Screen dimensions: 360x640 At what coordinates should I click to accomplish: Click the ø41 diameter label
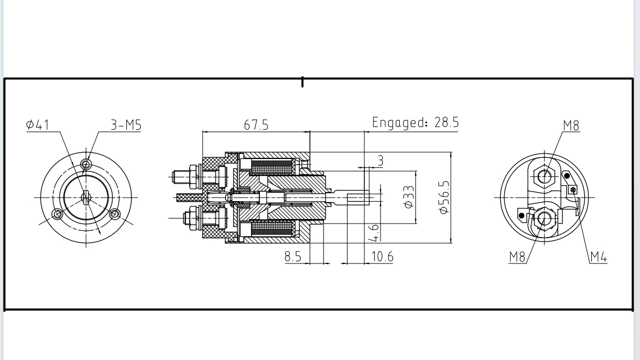coord(38,125)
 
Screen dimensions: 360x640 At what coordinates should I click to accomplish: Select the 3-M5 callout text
coord(126,125)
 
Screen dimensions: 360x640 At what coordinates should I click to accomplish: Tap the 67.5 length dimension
coord(255,125)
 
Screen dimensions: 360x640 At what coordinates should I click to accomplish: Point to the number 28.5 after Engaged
coord(447,122)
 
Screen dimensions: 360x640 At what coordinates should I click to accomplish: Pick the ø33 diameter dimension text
coord(409,197)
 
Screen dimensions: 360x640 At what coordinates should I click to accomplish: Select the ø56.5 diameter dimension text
coord(444,197)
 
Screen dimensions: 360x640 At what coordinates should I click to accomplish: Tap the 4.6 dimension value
coord(374,231)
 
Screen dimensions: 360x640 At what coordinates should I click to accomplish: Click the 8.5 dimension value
coord(292,257)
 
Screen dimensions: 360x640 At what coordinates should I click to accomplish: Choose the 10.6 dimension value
coord(382,257)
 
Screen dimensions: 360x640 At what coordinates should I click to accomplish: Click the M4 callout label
coord(598,257)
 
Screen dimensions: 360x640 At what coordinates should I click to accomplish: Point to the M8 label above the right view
coord(571,125)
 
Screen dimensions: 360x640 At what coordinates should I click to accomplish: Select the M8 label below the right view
coord(517,257)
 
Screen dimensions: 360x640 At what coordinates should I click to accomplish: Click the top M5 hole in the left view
coord(86,164)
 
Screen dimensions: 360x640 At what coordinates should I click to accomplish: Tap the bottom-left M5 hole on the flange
coord(57,213)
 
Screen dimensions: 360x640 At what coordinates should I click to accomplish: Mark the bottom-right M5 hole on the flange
coord(115,213)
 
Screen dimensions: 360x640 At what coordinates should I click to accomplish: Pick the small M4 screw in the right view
coord(573,190)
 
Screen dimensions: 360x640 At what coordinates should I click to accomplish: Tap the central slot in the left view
coord(85,197)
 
